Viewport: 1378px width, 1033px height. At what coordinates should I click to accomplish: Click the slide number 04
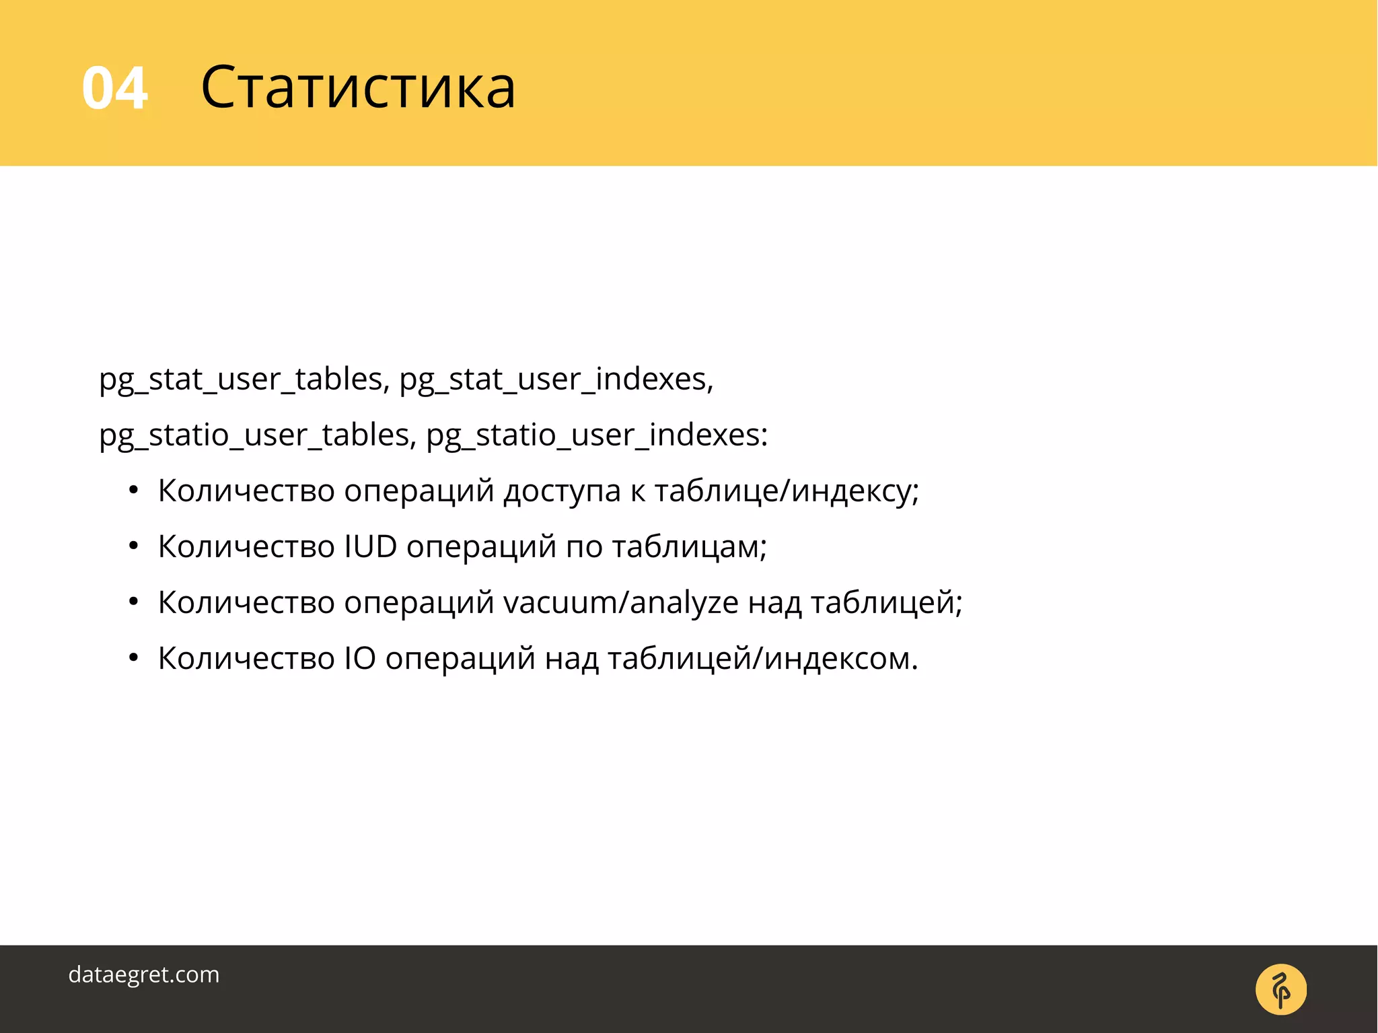point(114,88)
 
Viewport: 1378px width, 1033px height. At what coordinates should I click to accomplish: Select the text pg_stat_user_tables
point(241,379)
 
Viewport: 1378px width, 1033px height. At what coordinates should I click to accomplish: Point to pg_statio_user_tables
point(254,435)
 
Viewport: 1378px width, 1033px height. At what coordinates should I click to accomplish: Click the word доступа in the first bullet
point(562,491)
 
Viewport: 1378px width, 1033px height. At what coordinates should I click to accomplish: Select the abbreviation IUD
point(371,546)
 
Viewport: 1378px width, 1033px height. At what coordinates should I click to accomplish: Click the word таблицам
point(686,546)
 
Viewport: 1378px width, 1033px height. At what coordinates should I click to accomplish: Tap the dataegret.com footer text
point(144,974)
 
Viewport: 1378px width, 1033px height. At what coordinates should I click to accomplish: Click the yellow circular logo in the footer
point(1280,990)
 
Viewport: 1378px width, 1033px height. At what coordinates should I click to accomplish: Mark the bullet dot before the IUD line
point(133,546)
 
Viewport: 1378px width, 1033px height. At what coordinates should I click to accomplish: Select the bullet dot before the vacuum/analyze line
point(133,602)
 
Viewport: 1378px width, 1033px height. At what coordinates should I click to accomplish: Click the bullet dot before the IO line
point(133,657)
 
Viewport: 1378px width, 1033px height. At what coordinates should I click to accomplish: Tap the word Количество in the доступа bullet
point(246,491)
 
